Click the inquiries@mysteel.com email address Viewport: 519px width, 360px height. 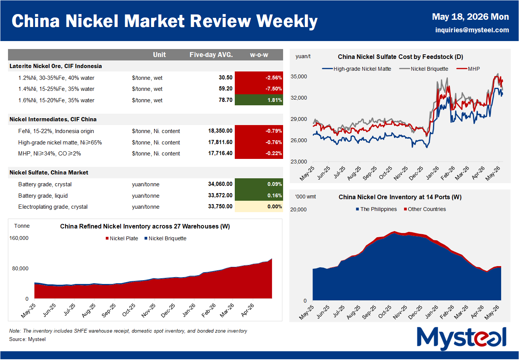(472, 30)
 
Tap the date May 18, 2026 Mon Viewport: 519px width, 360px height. (470, 17)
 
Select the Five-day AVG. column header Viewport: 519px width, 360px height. (211, 55)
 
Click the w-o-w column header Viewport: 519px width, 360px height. (259, 55)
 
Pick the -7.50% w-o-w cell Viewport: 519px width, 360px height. (259, 89)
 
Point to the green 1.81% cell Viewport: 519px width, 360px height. (259, 100)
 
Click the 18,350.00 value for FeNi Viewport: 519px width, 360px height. (220, 131)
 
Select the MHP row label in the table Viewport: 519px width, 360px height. (49, 154)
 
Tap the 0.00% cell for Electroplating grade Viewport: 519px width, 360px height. (259, 206)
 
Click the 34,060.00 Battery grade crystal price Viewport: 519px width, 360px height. (220, 184)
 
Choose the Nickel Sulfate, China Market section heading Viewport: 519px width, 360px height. (49, 173)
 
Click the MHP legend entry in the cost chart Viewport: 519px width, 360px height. (468, 69)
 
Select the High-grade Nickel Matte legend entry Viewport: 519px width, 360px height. (357, 69)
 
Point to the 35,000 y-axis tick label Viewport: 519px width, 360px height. (299, 77)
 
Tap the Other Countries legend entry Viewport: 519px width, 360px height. (425, 209)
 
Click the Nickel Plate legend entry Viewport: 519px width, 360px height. (122, 238)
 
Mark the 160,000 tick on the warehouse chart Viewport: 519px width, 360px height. (19, 238)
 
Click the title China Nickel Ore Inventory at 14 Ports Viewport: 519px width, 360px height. (400, 197)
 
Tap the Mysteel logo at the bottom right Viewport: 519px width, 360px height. (462, 338)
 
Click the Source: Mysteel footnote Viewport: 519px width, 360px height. (27, 339)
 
